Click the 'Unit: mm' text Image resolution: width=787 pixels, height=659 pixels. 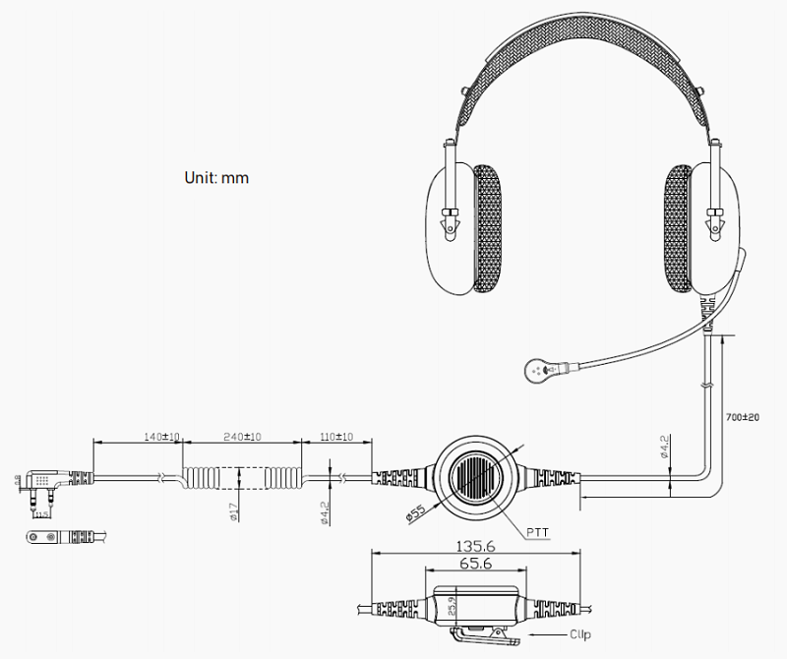pyautogui.click(x=216, y=178)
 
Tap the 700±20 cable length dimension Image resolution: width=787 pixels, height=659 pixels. pyautogui.click(x=744, y=417)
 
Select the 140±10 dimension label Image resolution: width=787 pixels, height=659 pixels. pyautogui.click(x=162, y=436)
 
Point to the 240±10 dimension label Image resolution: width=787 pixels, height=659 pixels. pyautogui.click(x=242, y=436)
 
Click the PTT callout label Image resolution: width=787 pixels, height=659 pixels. pyautogui.click(x=538, y=532)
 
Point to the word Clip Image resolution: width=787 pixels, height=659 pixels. pyautogui.click(x=580, y=634)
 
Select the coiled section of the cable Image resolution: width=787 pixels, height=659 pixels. pyautogui.click(x=242, y=478)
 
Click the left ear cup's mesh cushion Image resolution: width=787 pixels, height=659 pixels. pyautogui.click(x=487, y=228)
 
